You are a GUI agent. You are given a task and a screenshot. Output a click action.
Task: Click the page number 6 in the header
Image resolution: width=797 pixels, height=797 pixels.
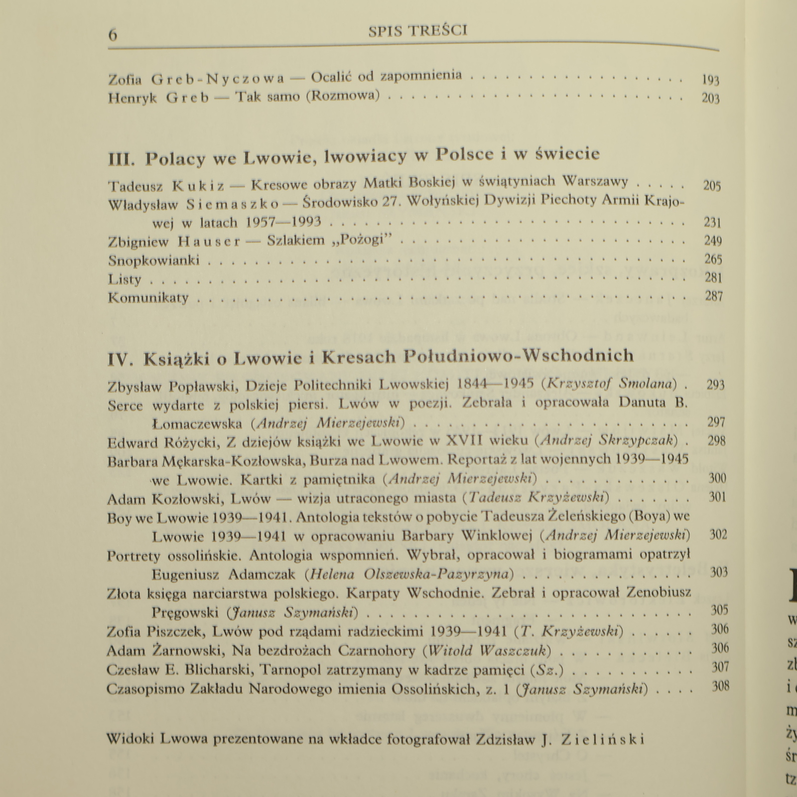pyautogui.click(x=113, y=35)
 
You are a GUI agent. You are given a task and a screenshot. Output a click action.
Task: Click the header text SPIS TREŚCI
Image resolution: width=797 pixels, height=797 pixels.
pyautogui.click(x=417, y=31)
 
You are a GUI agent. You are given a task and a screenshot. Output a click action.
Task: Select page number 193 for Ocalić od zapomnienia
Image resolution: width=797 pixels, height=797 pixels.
pyautogui.click(x=710, y=80)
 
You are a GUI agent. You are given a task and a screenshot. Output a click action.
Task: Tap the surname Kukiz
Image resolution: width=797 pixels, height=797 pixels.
pyautogui.click(x=198, y=186)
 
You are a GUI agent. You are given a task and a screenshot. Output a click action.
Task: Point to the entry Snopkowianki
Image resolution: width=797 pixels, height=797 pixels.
pyautogui.click(x=153, y=260)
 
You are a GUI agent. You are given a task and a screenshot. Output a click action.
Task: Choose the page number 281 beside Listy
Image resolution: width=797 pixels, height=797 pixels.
pyautogui.click(x=713, y=277)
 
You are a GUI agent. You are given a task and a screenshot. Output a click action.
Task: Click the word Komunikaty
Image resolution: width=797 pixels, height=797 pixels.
pyautogui.click(x=148, y=298)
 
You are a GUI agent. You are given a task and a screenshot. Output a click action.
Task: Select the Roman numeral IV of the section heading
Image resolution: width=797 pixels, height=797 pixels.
pyautogui.click(x=120, y=359)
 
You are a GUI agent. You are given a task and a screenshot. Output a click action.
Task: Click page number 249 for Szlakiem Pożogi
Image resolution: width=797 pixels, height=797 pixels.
pyautogui.click(x=713, y=241)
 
